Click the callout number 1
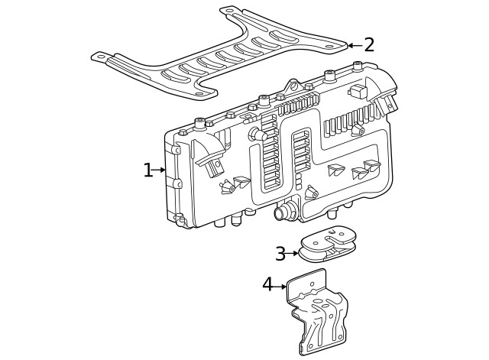(147, 170)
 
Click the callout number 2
(369, 45)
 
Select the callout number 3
(280, 253)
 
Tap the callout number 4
(267, 285)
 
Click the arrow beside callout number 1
(160, 170)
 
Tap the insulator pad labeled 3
(327, 243)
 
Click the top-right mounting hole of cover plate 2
(329, 47)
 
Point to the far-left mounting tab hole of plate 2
(98, 56)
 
